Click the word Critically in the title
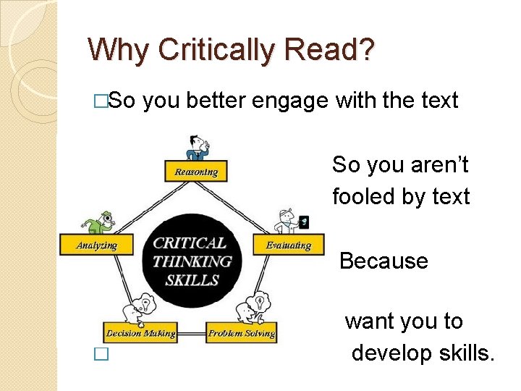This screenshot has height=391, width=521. (x=217, y=50)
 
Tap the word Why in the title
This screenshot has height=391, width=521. (x=120, y=50)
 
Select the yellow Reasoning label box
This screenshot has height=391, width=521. (x=196, y=172)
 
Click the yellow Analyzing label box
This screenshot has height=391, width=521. (x=96, y=245)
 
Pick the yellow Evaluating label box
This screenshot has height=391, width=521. (x=288, y=245)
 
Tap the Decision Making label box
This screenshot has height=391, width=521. (x=140, y=333)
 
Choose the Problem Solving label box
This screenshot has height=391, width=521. (x=242, y=333)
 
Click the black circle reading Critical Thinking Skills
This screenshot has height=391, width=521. (x=192, y=261)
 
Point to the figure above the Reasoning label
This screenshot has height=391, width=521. (x=195, y=147)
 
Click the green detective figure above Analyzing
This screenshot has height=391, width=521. (x=97, y=219)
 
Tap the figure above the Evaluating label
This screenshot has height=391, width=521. (x=289, y=220)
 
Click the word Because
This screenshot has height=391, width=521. (x=384, y=261)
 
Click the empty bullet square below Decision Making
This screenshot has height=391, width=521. (x=101, y=355)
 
